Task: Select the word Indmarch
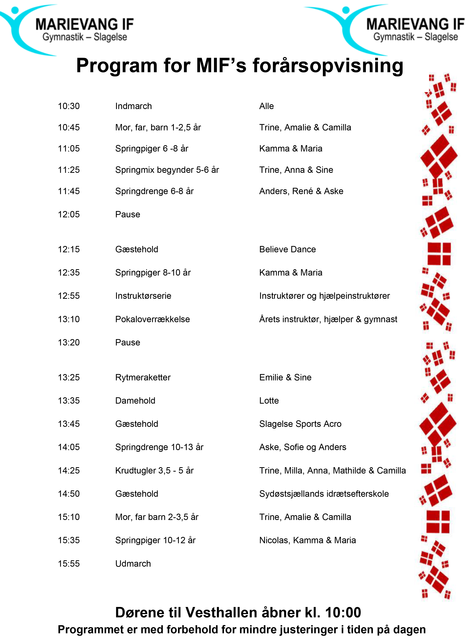coord(133,106)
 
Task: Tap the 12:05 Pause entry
coord(128,214)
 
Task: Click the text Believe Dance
coord(287,249)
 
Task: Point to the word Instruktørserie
coord(143,296)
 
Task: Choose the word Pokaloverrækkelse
coord(153,320)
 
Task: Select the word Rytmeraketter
coord(143,378)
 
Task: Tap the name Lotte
coord(269,401)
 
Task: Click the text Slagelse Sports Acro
coord(300,424)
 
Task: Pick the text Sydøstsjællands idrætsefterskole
coord(324,494)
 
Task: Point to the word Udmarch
coord(133,564)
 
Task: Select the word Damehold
coord(135,401)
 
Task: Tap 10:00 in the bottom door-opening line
coord(343,613)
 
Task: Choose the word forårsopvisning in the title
coord(328,65)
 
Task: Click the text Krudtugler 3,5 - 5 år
coord(154,471)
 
